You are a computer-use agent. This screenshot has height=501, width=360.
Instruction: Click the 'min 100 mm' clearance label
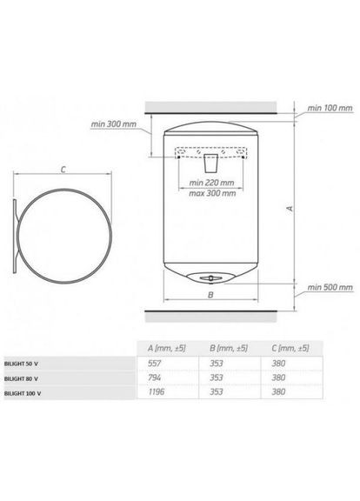click(x=330, y=108)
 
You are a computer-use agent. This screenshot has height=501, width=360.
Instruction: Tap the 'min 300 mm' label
click(x=113, y=124)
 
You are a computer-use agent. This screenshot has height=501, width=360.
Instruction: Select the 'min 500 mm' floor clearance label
click(x=330, y=287)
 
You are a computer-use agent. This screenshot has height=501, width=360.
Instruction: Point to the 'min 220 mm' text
click(x=211, y=183)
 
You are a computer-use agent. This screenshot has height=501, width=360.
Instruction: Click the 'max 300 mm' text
click(x=212, y=193)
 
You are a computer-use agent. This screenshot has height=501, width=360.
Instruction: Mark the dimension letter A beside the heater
click(x=290, y=209)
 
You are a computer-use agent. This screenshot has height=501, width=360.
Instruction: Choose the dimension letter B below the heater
click(x=210, y=295)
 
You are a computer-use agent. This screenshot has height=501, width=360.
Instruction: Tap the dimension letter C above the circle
click(x=63, y=170)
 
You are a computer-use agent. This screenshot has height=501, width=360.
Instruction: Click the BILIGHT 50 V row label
click(x=21, y=364)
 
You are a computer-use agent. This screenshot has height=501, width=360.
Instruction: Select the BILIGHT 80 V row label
click(x=21, y=378)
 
